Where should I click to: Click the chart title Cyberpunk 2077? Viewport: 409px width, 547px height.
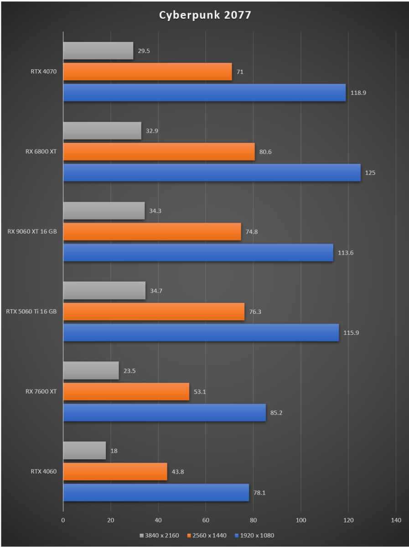coord(205,15)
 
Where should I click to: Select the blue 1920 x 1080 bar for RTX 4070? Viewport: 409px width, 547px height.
coord(204,93)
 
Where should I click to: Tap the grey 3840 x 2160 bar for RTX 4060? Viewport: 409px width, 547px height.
coord(84,450)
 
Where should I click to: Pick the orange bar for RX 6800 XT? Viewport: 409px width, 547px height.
coord(159,151)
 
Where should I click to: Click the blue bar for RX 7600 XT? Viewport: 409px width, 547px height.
coord(164,412)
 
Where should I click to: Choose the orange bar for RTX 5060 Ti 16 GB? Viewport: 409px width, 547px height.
coord(154,312)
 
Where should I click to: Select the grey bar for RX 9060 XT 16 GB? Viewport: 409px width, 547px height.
coord(104,211)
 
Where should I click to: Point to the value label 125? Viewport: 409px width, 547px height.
coord(370,173)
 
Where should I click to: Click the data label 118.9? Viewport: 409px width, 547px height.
coord(358,93)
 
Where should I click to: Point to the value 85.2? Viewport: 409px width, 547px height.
coord(277,413)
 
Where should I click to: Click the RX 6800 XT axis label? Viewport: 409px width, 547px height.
coord(41,151)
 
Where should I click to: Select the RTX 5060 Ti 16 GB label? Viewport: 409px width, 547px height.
coord(31,312)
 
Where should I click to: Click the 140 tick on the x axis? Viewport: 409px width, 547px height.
coord(396,520)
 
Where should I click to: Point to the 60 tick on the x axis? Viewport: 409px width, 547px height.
coord(206,520)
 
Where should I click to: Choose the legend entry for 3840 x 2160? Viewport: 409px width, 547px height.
coord(160,535)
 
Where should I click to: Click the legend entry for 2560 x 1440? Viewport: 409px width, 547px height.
coord(207,535)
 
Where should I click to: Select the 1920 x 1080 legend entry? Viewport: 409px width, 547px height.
coord(255,535)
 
